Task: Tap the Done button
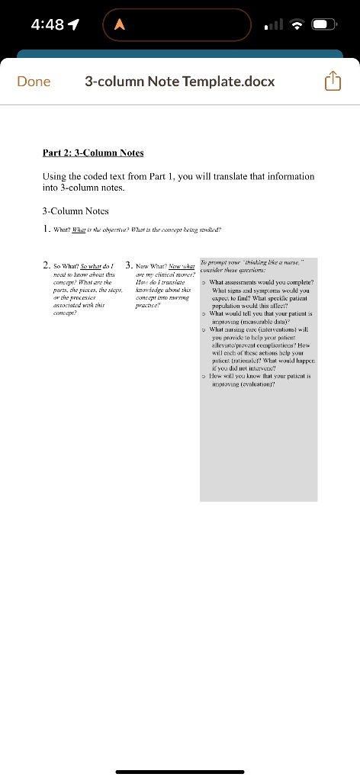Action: pyautogui.click(x=34, y=82)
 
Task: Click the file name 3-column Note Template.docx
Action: pyautogui.click(x=180, y=82)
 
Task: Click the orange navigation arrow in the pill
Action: pyautogui.click(x=119, y=24)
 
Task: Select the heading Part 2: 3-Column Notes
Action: pyautogui.click(x=93, y=153)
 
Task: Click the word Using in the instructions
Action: pyautogui.click(x=56, y=176)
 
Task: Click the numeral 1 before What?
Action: pyautogui.click(x=47, y=227)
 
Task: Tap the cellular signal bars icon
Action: pyautogui.click(x=272, y=24)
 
